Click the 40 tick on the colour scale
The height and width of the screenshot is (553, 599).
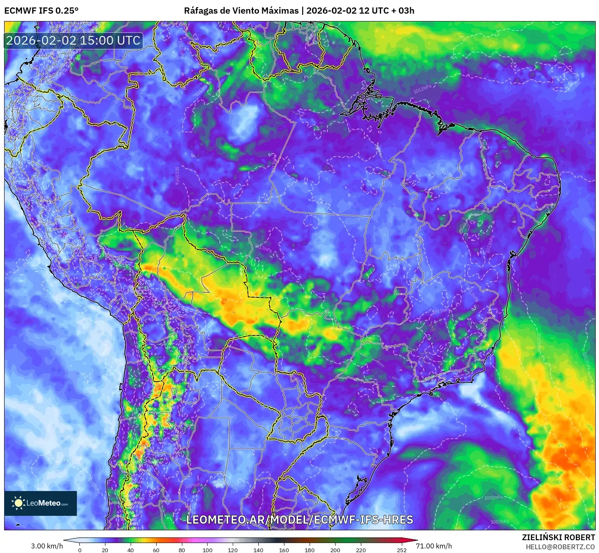tap(131, 550)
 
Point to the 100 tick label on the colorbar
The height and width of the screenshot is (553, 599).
tap(207, 550)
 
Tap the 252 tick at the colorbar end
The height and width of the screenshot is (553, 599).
tap(402, 550)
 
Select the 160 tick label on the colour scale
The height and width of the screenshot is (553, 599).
tap(284, 550)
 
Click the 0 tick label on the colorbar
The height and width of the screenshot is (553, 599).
tap(80, 550)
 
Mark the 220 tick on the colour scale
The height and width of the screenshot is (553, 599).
tap(360, 550)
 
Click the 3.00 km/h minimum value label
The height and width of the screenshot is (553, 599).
tap(47, 546)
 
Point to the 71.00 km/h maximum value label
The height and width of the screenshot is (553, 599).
tap(434, 546)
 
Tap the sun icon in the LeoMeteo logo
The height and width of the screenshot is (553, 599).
tap(18, 503)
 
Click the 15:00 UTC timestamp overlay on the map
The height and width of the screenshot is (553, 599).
tap(73, 40)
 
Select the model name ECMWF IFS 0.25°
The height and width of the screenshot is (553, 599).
tap(41, 11)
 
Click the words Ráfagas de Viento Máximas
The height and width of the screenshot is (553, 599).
tap(241, 11)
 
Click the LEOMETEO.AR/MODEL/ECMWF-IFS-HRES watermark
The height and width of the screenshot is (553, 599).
tap(299, 520)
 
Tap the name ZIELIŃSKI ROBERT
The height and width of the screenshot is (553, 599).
tap(558, 537)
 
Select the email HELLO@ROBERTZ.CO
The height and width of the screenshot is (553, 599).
tap(560, 547)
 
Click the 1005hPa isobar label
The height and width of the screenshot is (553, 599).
tap(494, 498)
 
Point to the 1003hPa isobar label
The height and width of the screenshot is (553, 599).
tap(499, 522)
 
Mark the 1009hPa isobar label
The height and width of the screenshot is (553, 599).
tap(193, 486)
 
